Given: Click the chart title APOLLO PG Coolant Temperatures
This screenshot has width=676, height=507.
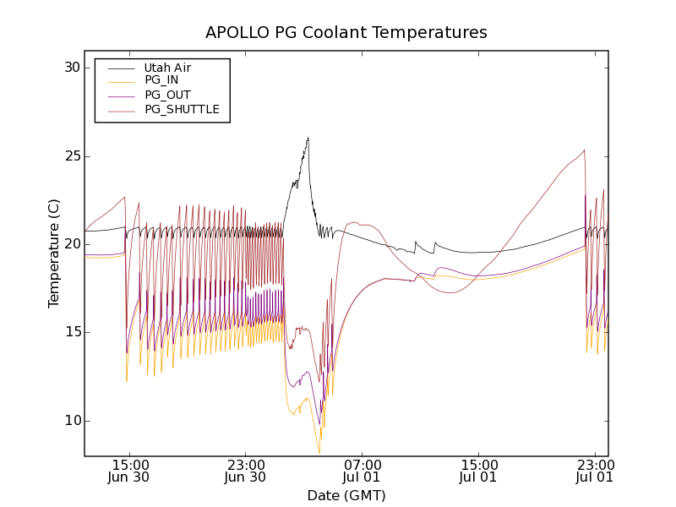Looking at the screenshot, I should [346, 33].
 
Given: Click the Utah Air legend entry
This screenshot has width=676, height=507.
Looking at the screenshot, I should [167, 68].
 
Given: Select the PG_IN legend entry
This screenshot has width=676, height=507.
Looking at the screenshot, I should [161, 80].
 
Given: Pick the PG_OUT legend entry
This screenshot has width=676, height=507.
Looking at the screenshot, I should [167, 95].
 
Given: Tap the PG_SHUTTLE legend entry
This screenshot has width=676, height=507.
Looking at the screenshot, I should [182, 109].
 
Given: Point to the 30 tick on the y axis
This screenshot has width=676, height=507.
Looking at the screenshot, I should [72, 68].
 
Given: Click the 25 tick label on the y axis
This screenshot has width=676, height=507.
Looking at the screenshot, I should [72, 156].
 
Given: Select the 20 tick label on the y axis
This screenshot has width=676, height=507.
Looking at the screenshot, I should [72, 244].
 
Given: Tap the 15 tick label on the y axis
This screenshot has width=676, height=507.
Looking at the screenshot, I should [72, 332].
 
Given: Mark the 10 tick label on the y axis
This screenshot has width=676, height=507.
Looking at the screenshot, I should [72, 421].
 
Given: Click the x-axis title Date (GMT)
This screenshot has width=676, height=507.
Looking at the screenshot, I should [346, 495].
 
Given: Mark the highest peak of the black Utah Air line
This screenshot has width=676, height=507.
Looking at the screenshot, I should [308, 138].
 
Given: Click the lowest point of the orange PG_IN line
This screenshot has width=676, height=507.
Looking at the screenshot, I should [319, 453].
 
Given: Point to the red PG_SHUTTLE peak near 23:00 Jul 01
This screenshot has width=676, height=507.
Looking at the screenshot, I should [584, 150].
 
